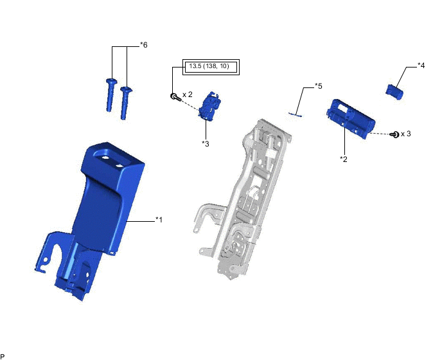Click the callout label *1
click(159, 219)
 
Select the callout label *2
click(344, 159)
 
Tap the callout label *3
click(206, 143)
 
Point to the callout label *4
click(421, 66)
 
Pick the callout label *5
click(319, 85)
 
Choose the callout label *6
click(144, 45)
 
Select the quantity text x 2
click(188, 94)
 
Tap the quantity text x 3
click(406, 134)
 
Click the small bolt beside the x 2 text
click(175, 97)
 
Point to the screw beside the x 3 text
click(394, 134)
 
